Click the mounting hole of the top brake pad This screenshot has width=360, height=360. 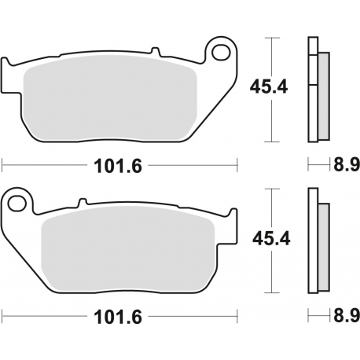coord(222,53)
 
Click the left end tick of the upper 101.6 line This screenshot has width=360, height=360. coord(3,166)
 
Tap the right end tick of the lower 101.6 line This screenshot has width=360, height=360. coord(237,318)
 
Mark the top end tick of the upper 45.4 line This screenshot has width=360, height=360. coord(271,38)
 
